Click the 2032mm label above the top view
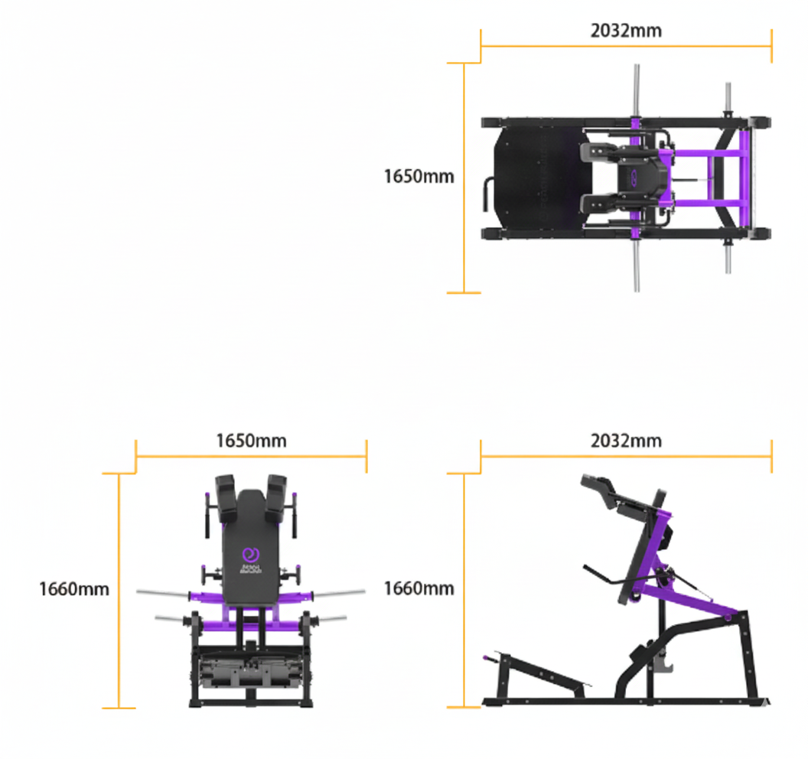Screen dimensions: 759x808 pyautogui.click(x=626, y=31)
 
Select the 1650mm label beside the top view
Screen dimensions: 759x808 pyautogui.click(x=419, y=176)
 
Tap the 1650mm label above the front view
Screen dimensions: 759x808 pyautogui.click(x=251, y=441)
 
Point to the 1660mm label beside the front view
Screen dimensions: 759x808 pyautogui.click(x=74, y=589)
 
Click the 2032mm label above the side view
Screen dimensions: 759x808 pyautogui.click(x=626, y=441)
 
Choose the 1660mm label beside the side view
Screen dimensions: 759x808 pyautogui.click(x=419, y=588)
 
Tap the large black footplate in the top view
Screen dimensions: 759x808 pyautogui.click(x=543, y=178)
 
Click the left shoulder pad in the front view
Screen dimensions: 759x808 pyautogui.click(x=226, y=497)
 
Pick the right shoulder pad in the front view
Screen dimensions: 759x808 pyautogui.click(x=277, y=497)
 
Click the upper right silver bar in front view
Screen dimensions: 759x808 pyautogui.click(x=340, y=592)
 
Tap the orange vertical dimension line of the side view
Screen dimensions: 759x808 pyautogui.click(x=464, y=590)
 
